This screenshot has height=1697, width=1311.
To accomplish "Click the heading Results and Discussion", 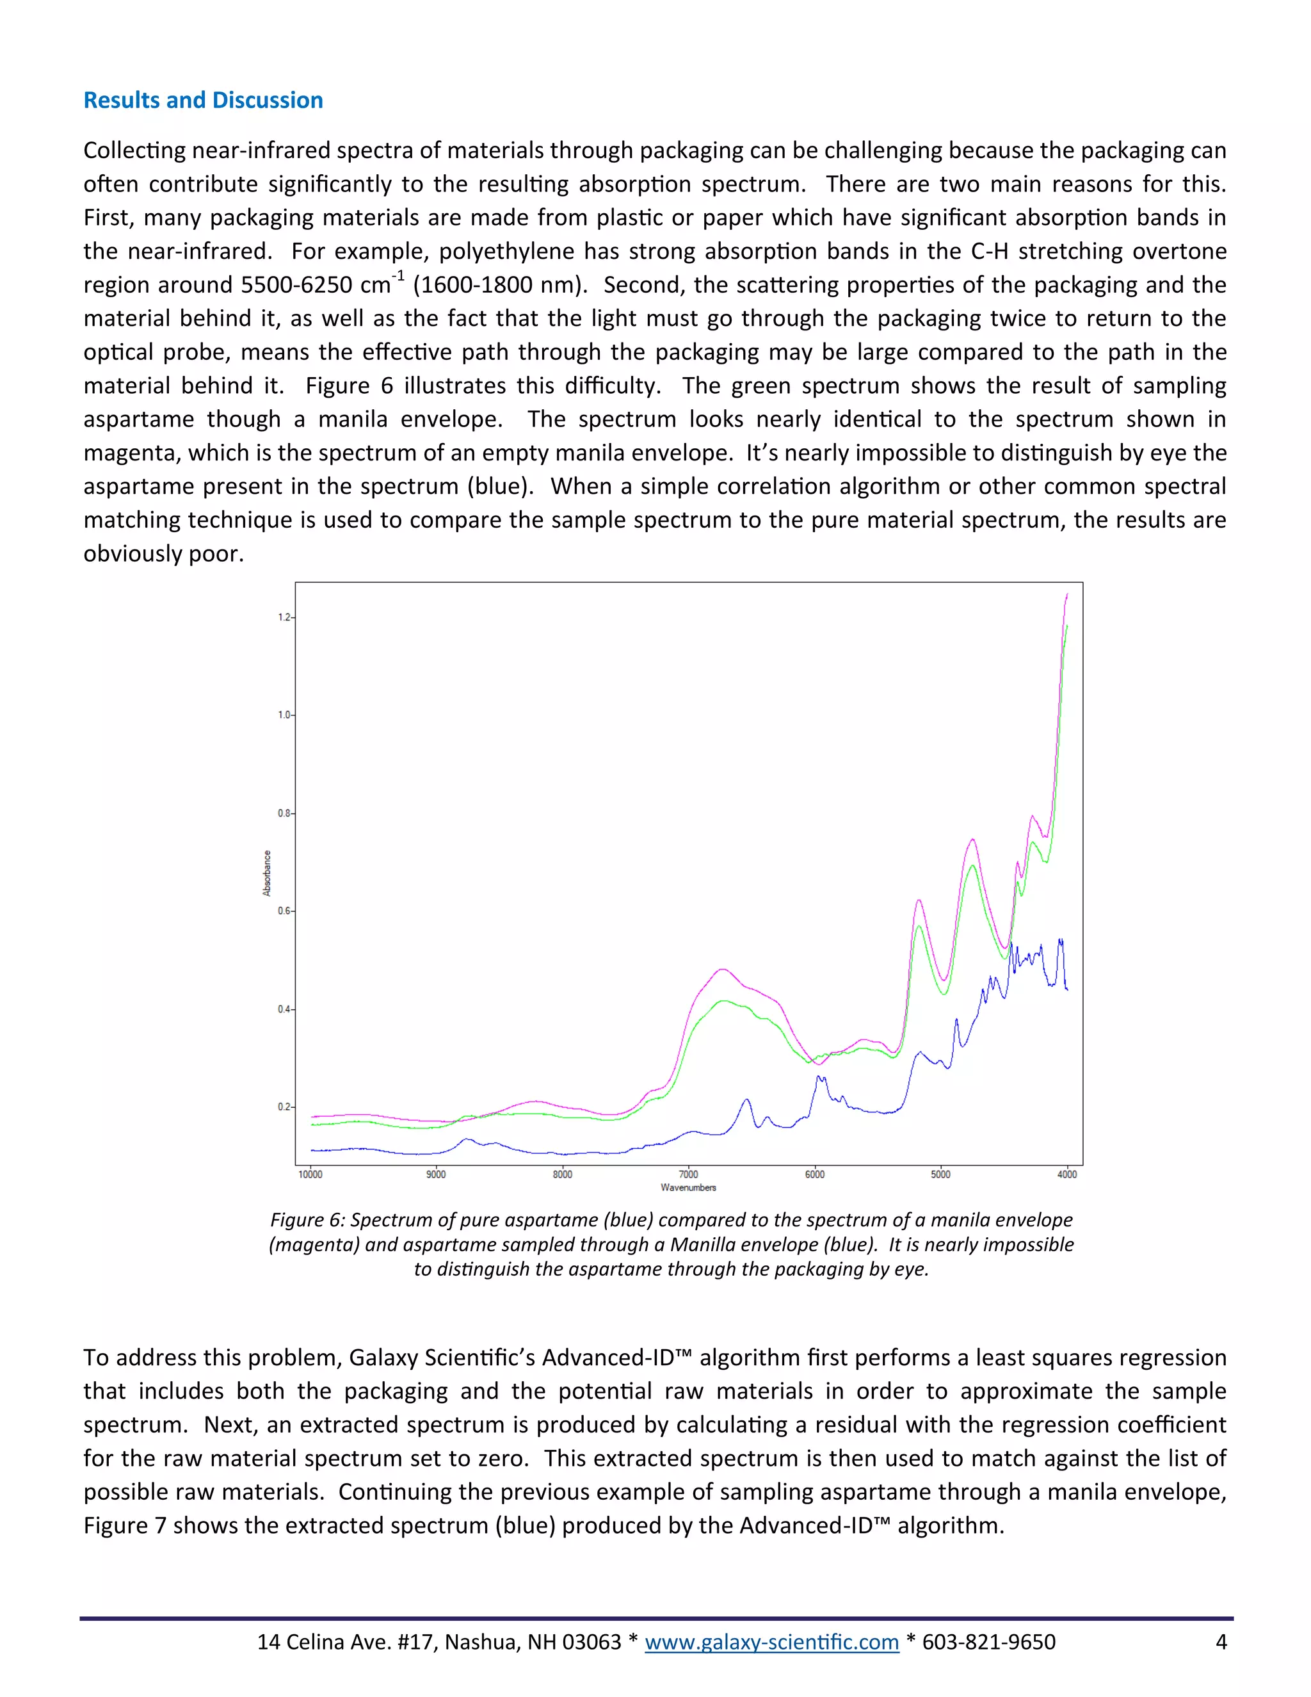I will pos(203,101).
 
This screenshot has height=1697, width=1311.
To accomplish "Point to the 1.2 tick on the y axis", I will pos(284,618).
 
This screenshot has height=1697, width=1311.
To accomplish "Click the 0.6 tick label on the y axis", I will pos(284,911).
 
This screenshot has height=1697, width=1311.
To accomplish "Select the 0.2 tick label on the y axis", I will pos(284,1107).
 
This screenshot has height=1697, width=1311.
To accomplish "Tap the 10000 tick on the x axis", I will pos(310,1174).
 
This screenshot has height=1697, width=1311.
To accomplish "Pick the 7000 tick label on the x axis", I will pos(688,1174).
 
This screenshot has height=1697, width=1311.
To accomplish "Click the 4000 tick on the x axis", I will pos(1066,1174).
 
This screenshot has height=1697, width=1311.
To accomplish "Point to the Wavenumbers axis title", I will pos(688,1187).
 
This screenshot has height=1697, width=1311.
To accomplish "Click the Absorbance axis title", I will pos(267,873).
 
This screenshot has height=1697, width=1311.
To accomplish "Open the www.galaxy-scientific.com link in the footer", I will pos(771,1642).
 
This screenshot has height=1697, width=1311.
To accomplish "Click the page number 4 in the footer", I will pos(1221,1642).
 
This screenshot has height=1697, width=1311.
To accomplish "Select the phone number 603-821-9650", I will pos(988,1642).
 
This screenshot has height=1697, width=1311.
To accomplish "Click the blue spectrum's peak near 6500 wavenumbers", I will pos(746,1100).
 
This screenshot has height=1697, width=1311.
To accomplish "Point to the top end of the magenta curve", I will pos(1067,594).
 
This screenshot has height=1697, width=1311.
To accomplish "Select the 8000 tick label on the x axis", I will pos(562,1174).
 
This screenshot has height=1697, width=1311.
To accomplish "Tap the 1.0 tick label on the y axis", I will pos(284,715).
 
